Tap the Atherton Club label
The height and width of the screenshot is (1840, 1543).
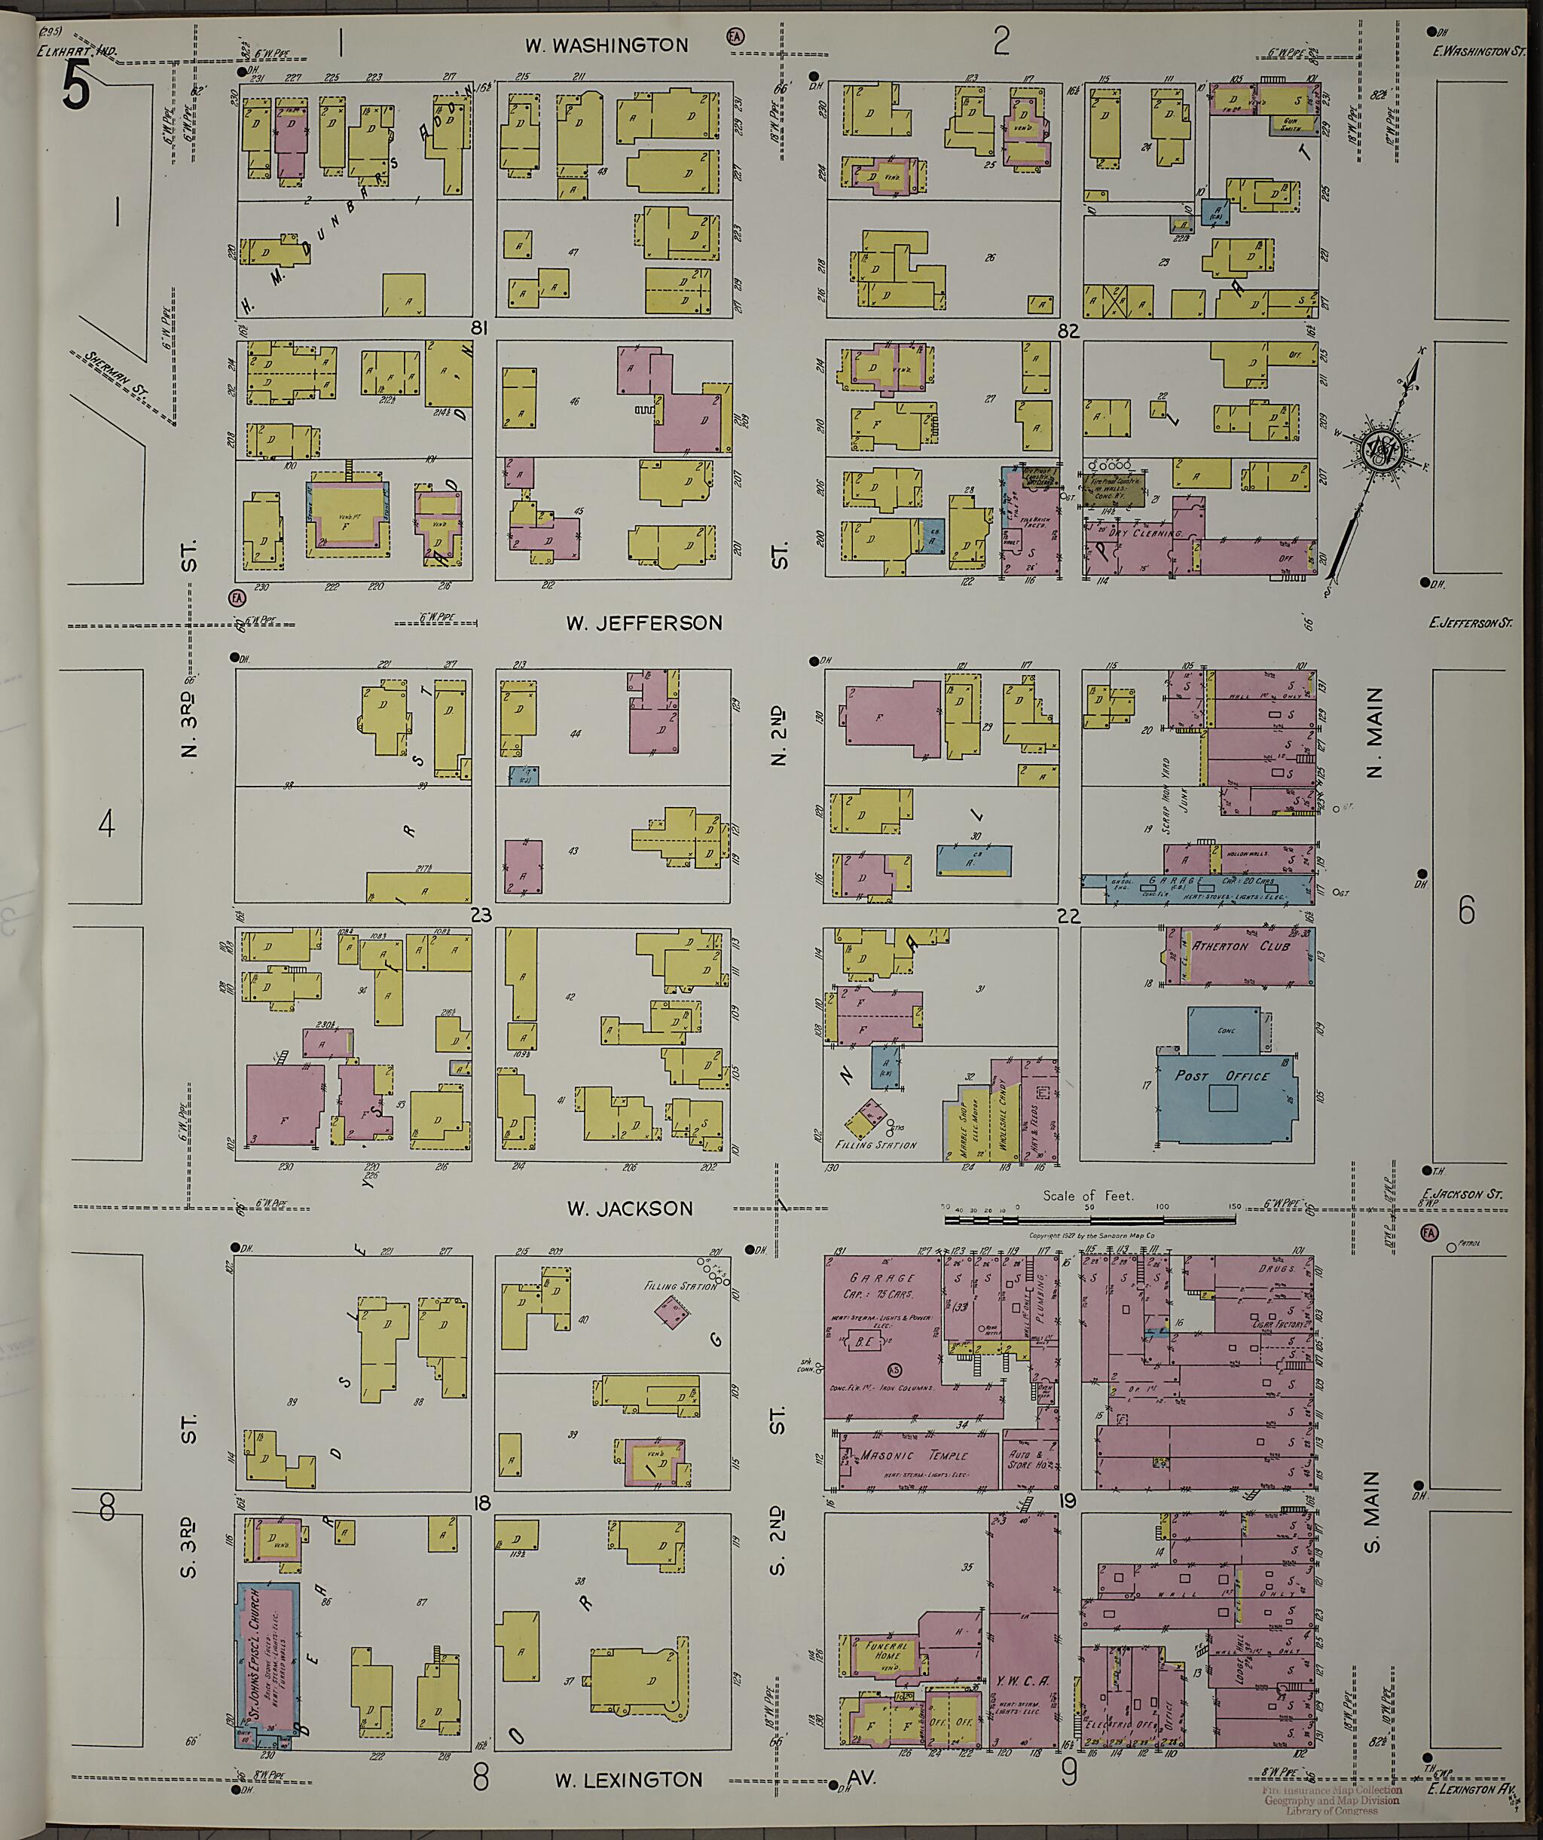tap(1242, 946)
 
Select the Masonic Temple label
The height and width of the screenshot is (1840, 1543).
tap(913, 1456)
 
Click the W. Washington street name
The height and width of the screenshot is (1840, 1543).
tap(607, 45)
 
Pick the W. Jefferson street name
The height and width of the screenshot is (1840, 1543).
tap(644, 623)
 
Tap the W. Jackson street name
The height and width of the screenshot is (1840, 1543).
tap(629, 1209)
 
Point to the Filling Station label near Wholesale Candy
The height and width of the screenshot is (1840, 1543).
tap(876, 1145)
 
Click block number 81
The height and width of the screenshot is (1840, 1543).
tap(478, 329)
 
